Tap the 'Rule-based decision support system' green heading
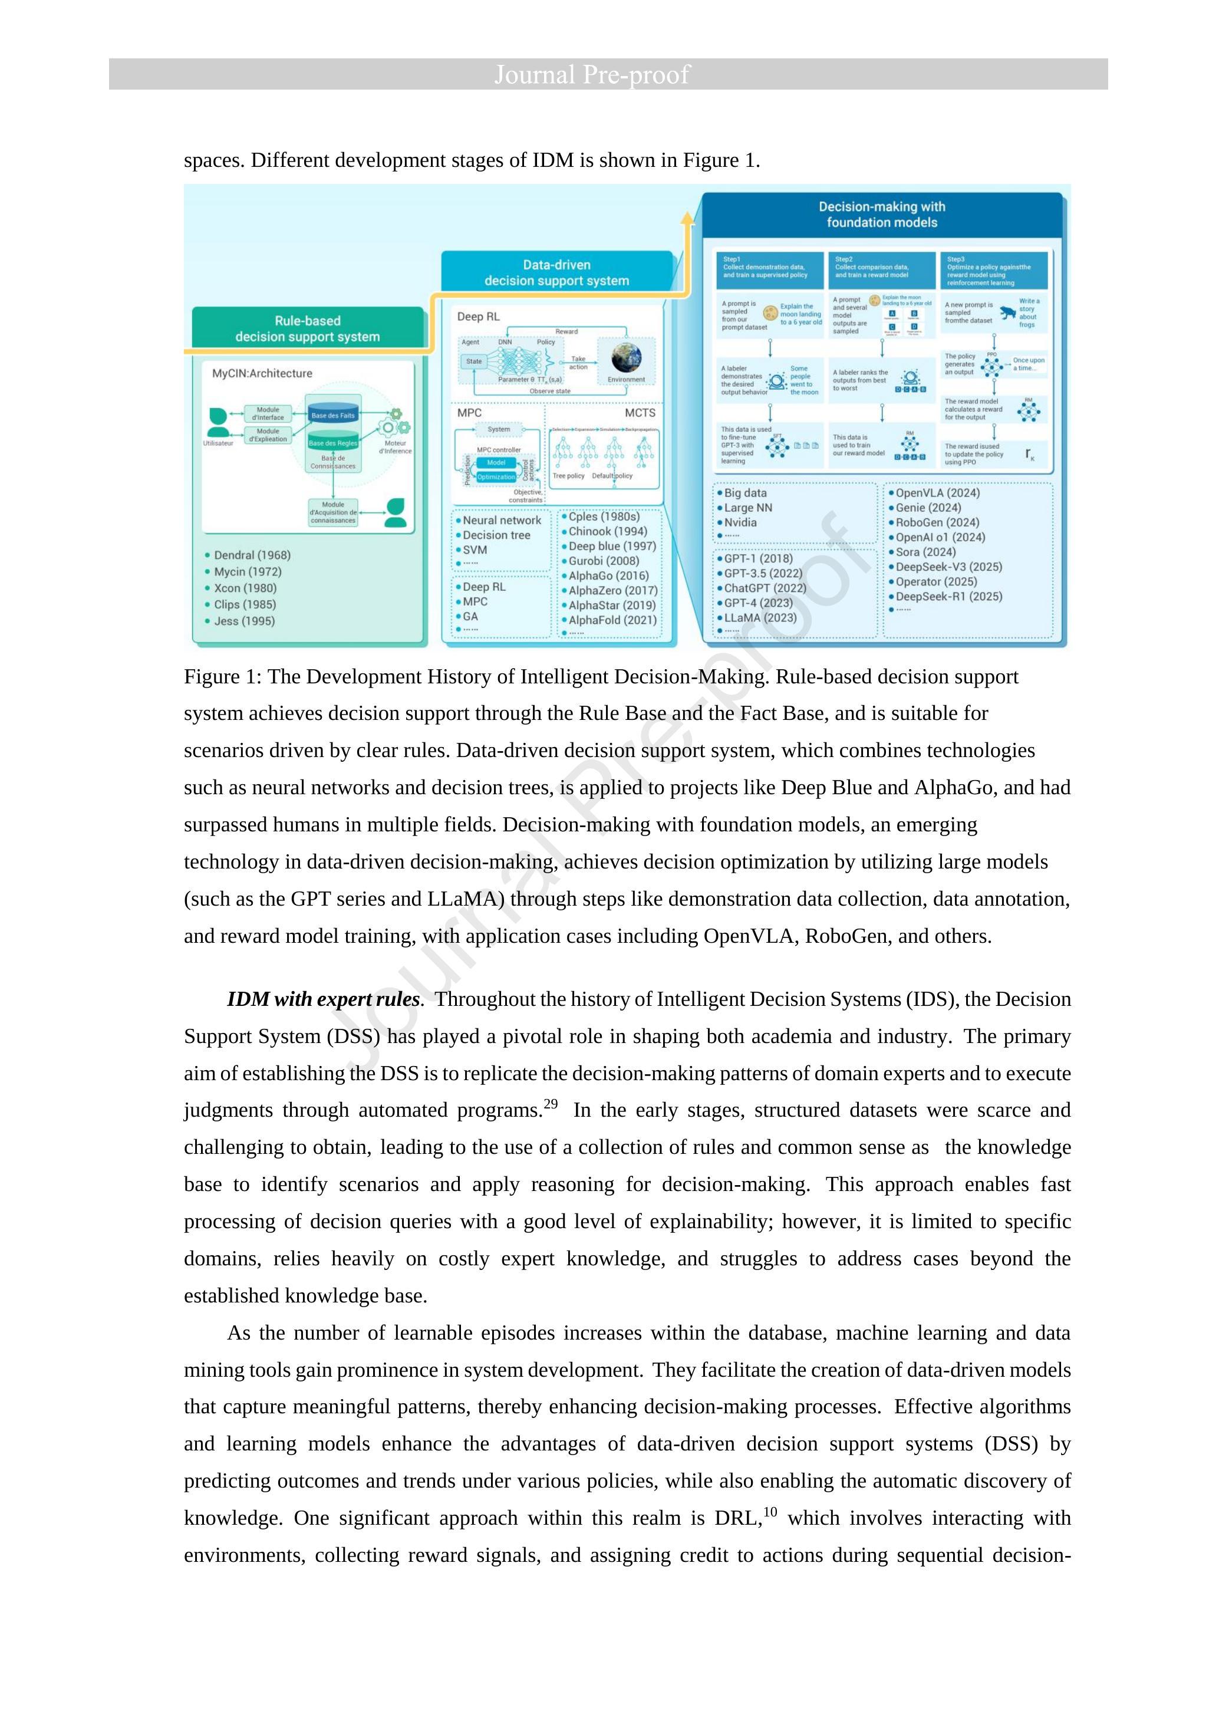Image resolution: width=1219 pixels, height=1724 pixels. click(307, 329)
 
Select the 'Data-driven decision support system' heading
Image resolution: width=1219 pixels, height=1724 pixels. click(556, 272)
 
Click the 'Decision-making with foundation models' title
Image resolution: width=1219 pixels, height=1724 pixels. click(881, 214)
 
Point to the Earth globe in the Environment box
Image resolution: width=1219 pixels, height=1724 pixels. click(626, 359)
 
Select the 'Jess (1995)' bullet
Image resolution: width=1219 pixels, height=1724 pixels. click(244, 621)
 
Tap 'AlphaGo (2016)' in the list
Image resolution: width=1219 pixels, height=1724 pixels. click(608, 575)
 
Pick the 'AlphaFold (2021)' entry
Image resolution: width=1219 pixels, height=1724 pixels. click(612, 620)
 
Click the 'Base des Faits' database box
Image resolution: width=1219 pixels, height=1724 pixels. click(333, 415)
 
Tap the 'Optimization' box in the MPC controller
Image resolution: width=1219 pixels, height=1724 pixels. click(496, 477)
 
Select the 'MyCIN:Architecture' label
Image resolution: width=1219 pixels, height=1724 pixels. click(262, 373)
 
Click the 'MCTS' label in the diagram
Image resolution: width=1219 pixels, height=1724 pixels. click(640, 412)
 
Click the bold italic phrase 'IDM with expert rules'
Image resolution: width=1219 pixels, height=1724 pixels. click(324, 999)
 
